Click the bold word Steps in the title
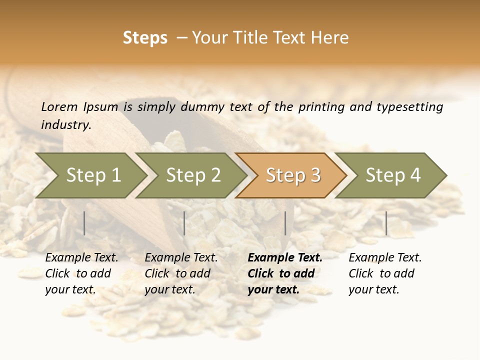coord(145,38)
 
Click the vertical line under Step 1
coord(84,223)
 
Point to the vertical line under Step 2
coord(184,223)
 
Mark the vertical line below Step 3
coord(285,223)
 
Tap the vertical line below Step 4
coord(386,223)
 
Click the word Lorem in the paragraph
coord(59,107)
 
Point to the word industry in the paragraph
coord(65,125)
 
